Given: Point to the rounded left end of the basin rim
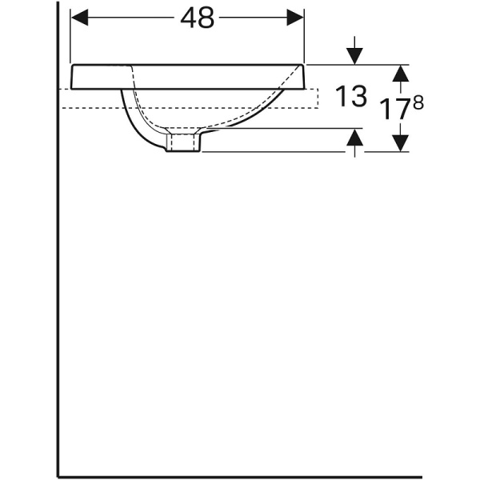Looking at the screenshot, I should click(x=74, y=76).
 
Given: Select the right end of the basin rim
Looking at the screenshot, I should click(x=304, y=76).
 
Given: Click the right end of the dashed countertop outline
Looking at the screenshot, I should click(x=318, y=96).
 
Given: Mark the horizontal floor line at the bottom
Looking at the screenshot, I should click(x=240, y=474).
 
